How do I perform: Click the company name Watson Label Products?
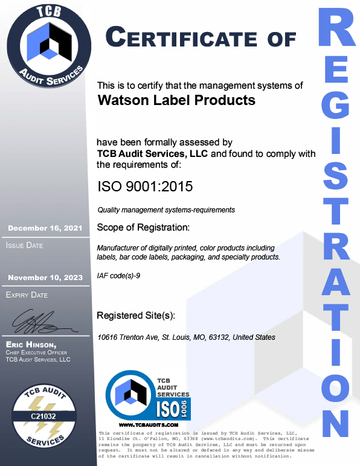pos(176,100)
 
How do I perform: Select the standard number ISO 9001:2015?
pos(145,187)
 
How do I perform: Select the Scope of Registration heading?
pos(143,228)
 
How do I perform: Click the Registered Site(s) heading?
pos(137,316)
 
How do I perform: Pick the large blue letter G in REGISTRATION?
pos(336,110)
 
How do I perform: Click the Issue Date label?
pos(25,246)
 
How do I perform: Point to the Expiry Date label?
pos(27,295)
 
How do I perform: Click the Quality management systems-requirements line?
pos(166,210)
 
